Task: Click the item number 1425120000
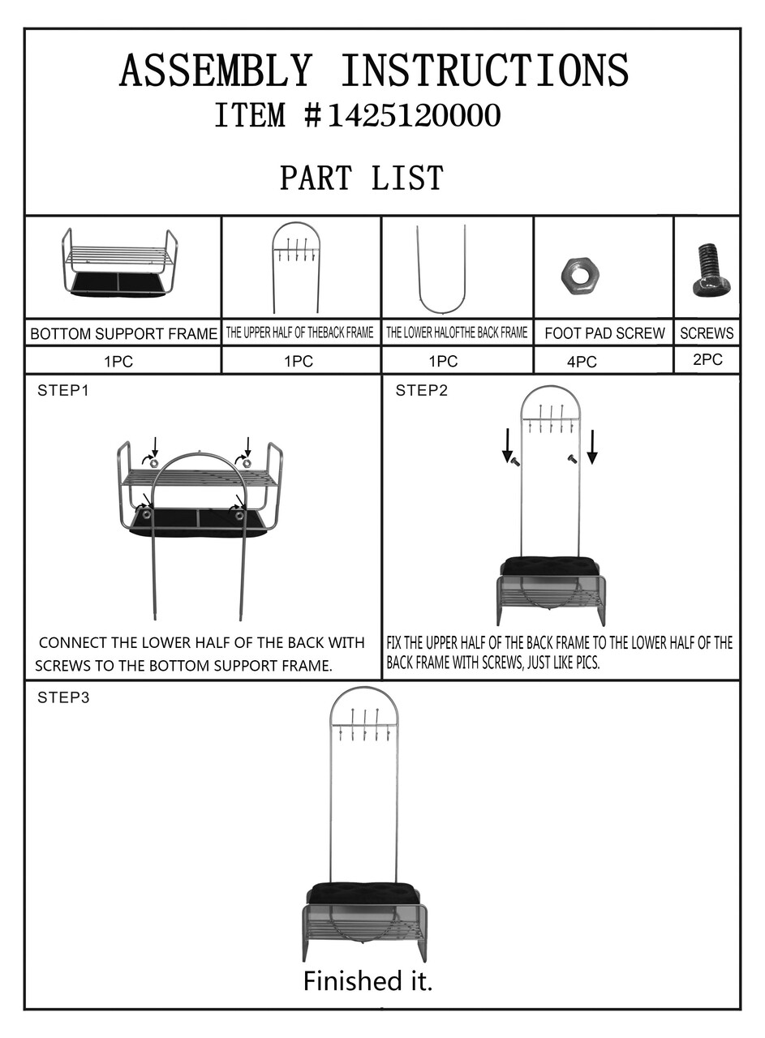click(414, 115)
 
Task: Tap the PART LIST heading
click(362, 178)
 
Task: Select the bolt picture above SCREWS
click(711, 270)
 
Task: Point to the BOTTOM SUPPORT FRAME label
click(123, 333)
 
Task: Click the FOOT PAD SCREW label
click(604, 333)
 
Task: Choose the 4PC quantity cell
click(582, 362)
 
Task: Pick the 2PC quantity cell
click(707, 359)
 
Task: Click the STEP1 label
click(62, 391)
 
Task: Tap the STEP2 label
click(422, 391)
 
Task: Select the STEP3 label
click(63, 697)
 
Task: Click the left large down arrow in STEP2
click(508, 446)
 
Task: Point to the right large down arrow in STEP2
click(592, 447)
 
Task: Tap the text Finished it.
click(367, 980)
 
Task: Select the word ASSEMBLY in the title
click(216, 70)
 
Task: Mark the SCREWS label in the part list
click(707, 333)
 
